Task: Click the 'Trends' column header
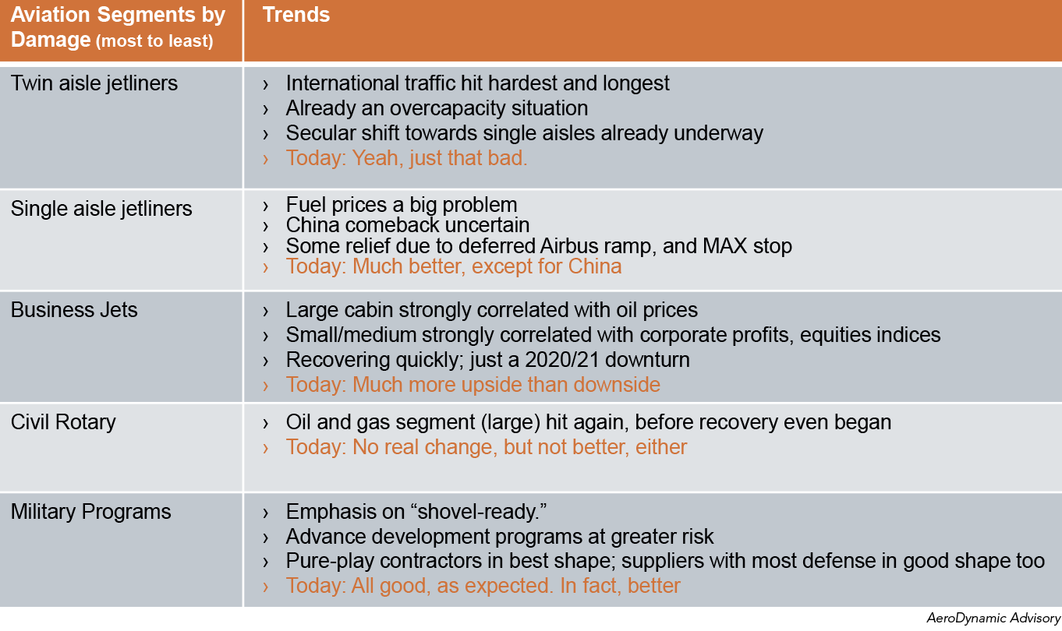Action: click(296, 15)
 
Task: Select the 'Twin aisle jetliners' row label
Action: click(94, 83)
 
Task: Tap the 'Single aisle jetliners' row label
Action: click(101, 209)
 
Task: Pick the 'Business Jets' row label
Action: click(74, 310)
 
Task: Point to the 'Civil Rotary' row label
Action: click(63, 422)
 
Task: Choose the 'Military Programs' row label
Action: click(90, 512)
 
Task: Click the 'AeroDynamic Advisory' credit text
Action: click(993, 619)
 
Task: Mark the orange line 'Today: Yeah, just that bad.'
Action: click(406, 158)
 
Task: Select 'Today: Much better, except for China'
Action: click(453, 266)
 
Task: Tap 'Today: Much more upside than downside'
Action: click(473, 385)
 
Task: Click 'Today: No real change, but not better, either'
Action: click(486, 447)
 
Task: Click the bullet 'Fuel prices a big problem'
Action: click(401, 205)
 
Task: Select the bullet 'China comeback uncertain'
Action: click(407, 225)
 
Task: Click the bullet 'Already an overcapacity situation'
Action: click(437, 108)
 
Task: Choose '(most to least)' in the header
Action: click(154, 41)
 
